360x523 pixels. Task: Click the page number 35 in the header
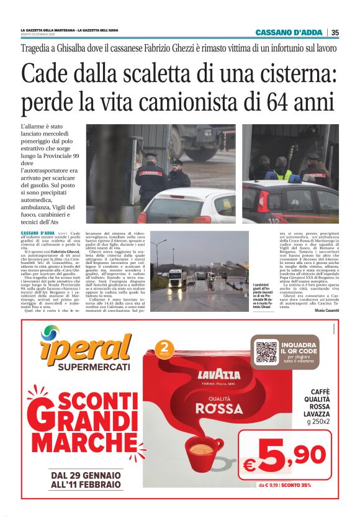335,32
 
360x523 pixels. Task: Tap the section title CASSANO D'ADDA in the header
290,32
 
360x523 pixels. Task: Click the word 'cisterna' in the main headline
289,74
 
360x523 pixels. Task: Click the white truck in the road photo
177,277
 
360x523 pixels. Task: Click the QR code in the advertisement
266,352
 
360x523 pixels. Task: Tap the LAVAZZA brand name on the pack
218,374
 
